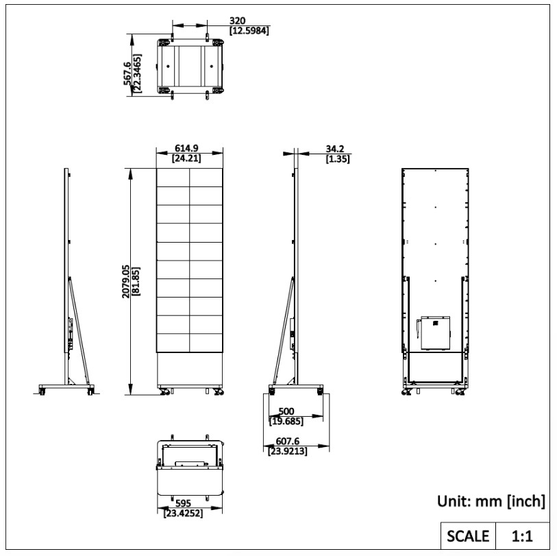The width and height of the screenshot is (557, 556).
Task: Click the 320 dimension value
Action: pos(237,21)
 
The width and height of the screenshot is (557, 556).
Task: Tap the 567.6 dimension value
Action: pos(127,73)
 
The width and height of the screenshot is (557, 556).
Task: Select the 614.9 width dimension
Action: pos(186,148)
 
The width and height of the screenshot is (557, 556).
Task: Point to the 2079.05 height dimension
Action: pos(126,281)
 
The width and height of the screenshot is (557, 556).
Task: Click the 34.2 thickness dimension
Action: pos(335,149)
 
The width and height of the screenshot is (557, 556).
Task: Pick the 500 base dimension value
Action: pos(286,411)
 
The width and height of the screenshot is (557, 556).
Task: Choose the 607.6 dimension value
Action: pos(288,442)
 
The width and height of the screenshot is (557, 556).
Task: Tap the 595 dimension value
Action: pos(184,503)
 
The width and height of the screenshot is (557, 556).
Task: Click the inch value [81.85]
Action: pos(136,281)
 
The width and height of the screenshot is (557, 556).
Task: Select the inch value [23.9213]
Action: pos(288,451)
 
